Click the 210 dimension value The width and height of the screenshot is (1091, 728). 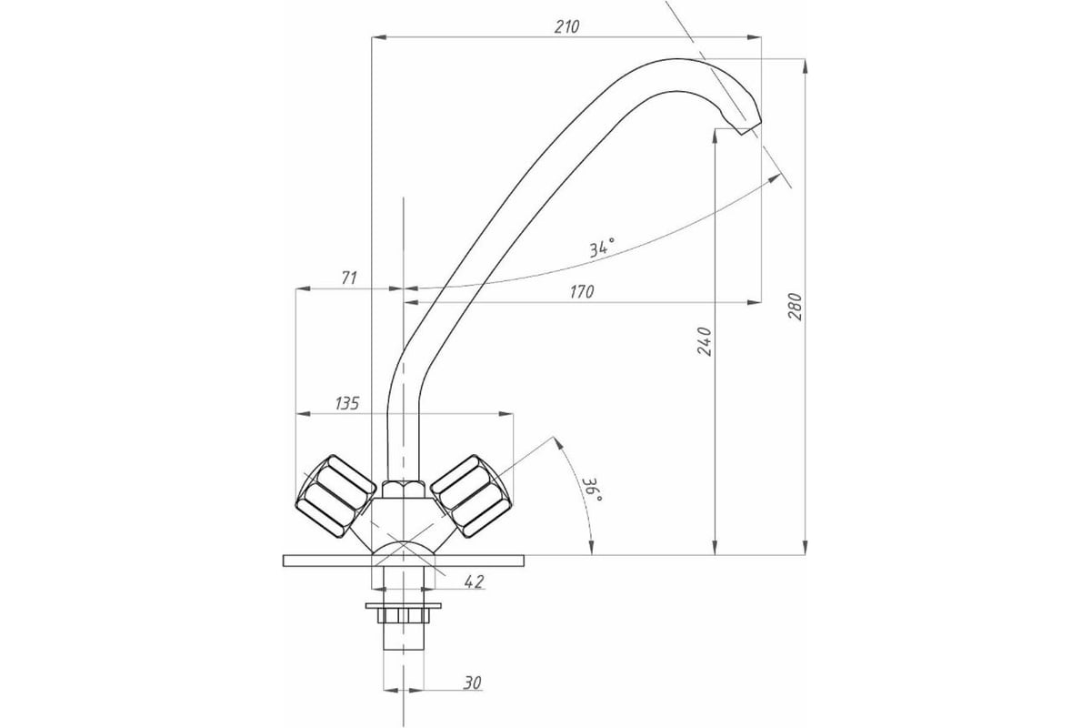(567, 26)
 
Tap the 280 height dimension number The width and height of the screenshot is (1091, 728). (795, 307)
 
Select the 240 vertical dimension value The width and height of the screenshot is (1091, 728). (705, 341)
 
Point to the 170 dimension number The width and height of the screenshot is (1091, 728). (582, 291)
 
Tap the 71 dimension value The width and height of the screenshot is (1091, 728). (349, 278)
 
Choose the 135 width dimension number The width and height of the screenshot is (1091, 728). (346, 403)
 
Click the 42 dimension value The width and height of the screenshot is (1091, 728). (474, 581)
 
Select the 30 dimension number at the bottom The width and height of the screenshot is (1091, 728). (472, 682)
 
